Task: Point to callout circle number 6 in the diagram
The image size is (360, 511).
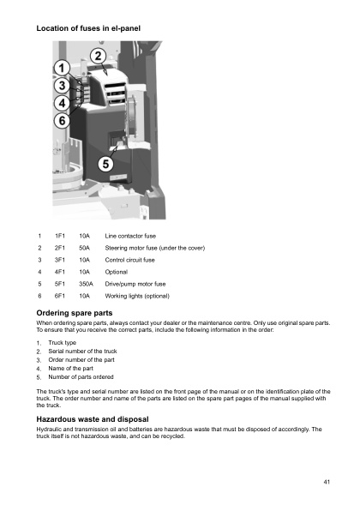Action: (x=63, y=121)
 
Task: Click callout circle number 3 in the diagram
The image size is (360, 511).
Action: (x=63, y=86)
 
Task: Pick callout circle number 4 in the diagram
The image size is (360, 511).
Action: (x=63, y=103)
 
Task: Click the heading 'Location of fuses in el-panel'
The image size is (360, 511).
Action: (x=88, y=29)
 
